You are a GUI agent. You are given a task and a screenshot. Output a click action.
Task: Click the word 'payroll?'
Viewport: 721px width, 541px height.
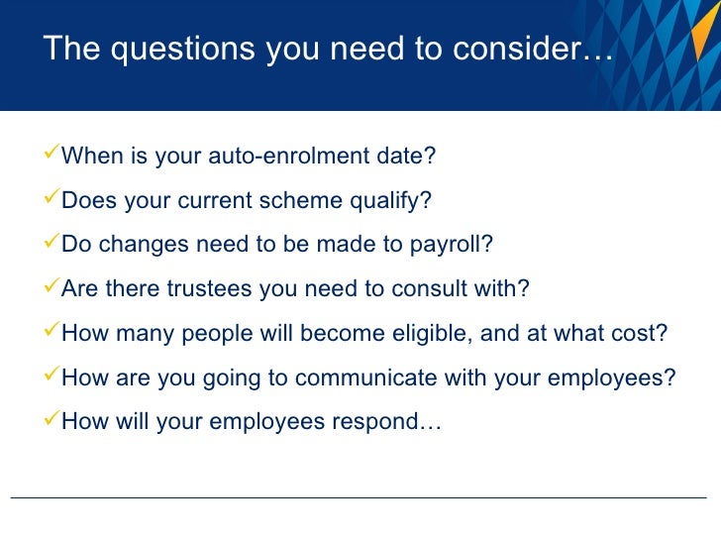pyautogui.click(x=452, y=245)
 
